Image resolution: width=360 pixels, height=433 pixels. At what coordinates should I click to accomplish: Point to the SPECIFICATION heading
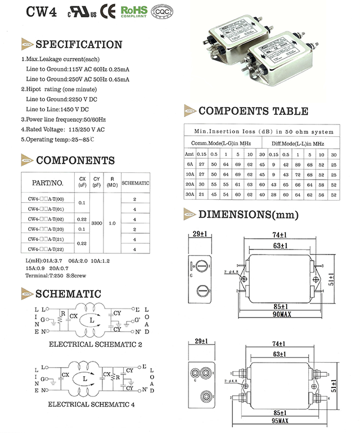[x=78, y=44]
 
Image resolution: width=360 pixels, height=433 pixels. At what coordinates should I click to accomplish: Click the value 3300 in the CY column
[x=96, y=223]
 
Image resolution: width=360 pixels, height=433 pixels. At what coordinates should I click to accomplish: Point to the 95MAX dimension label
[x=280, y=421]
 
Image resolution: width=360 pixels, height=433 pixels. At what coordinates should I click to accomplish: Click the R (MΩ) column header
[x=112, y=182]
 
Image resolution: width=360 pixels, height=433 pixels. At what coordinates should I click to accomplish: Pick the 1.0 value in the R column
[x=112, y=223]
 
